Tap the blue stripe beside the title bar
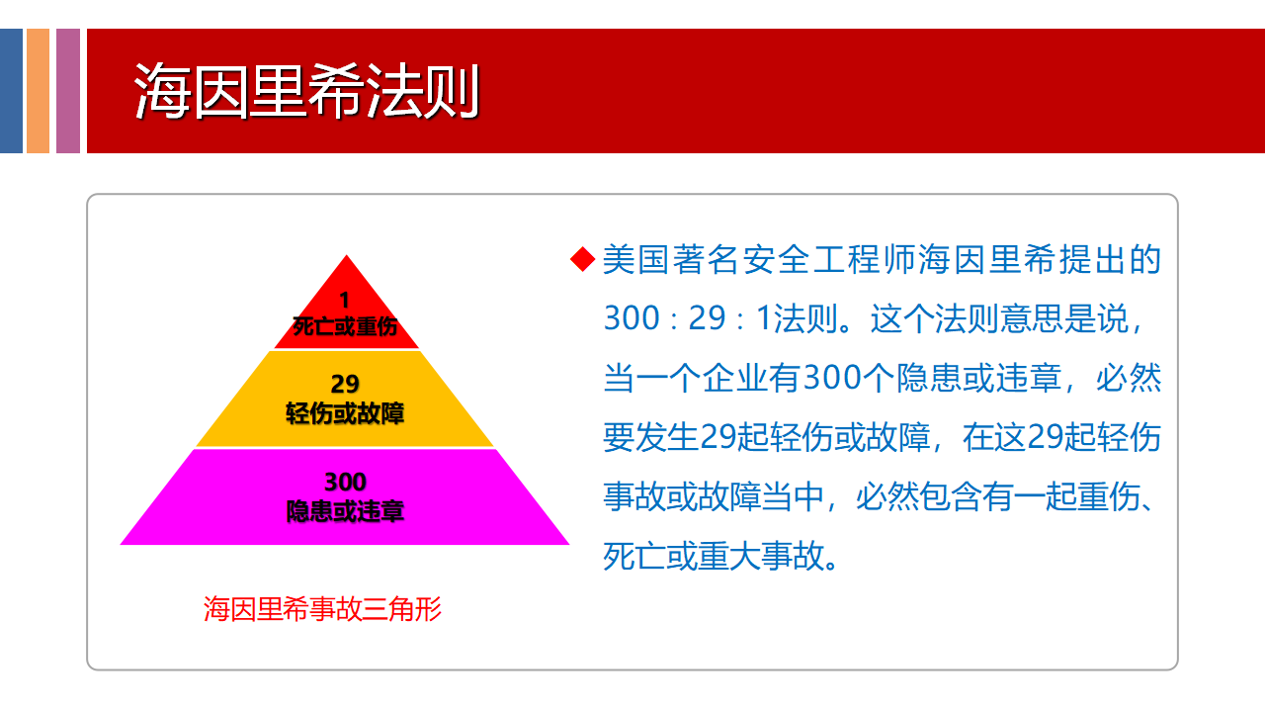[x=11, y=90]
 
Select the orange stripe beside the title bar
[x=38, y=90]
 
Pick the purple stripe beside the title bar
[x=68, y=90]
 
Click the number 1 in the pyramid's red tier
[x=345, y=300]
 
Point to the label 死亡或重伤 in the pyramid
[x=345, y=326]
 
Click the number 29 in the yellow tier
[x=345, y=385]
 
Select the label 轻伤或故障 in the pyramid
[x=345, y=413]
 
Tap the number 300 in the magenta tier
[x=345, y=482]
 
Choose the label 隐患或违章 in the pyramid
[x=345, y=511]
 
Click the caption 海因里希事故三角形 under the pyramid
[x=322, y=609]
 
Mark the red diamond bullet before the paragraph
[x=583, y=259]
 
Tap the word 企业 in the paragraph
[x=735, y=378]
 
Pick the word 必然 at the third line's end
[x=1129, y=378]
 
